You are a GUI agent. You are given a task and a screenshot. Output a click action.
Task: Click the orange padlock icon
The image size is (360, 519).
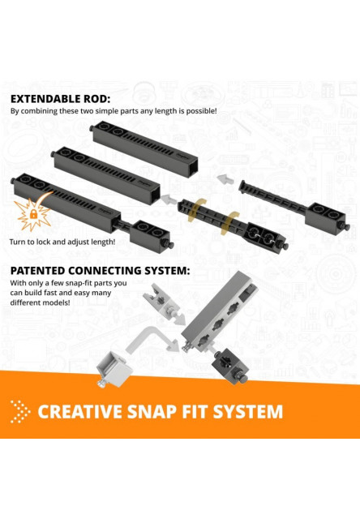point(33,214)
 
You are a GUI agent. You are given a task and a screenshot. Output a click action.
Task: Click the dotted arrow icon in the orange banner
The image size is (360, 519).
point(20,412)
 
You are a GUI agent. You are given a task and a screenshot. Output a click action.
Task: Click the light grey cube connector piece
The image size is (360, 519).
point(113,368)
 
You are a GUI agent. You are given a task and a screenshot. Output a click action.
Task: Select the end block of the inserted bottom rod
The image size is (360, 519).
point(151,237)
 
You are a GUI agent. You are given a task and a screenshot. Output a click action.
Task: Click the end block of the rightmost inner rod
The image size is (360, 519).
point(326,218)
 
